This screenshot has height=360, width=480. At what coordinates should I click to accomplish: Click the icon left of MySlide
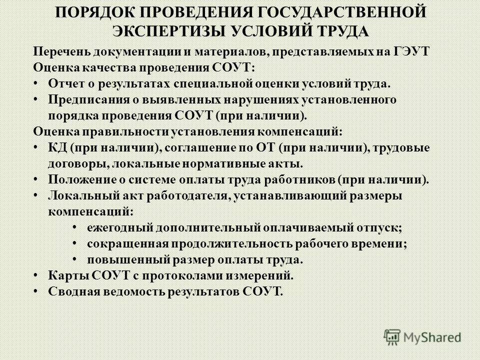pyautogui.click(x=393, y=337)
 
